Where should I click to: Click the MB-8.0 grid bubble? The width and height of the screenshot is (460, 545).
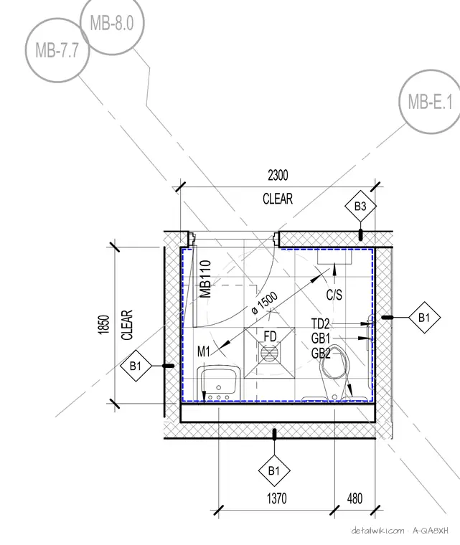click(x=112, y=23)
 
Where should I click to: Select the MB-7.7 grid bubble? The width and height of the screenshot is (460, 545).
click(x=57, y=50)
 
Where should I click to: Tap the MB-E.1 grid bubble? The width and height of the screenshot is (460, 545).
click(x=431, y=102)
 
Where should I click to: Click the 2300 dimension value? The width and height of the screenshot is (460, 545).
click(x=278, y=175)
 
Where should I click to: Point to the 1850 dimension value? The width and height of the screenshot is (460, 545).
click(x=104, y=325)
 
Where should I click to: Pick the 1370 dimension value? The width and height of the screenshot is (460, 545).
click(x=277, y=498)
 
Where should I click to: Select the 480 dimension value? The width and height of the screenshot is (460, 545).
click(x=355, y=498)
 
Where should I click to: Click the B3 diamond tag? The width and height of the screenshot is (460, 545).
click(x=360, y=206)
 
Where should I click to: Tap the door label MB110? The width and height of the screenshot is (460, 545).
click(x=206, y=279)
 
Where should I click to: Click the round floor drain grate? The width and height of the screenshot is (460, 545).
click(x=269, y=354)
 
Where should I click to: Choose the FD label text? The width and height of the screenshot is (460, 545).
click(x=270, y=336)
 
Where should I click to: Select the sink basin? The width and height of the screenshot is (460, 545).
click(x=218, y=383)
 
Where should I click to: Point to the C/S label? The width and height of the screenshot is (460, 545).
click(x=334, y=295)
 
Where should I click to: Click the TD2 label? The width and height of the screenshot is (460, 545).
click(x=321, y=324)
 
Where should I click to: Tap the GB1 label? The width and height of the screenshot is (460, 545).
click(x=321, y=338)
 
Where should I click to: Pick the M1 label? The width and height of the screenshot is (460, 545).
click(x=204, y=352)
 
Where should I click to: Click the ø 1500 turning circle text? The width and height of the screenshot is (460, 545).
click(x=265, y=303)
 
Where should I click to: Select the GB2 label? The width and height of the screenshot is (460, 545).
click(x=321, y=353)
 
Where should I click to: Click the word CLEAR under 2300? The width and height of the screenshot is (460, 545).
click(x=278, y=199)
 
